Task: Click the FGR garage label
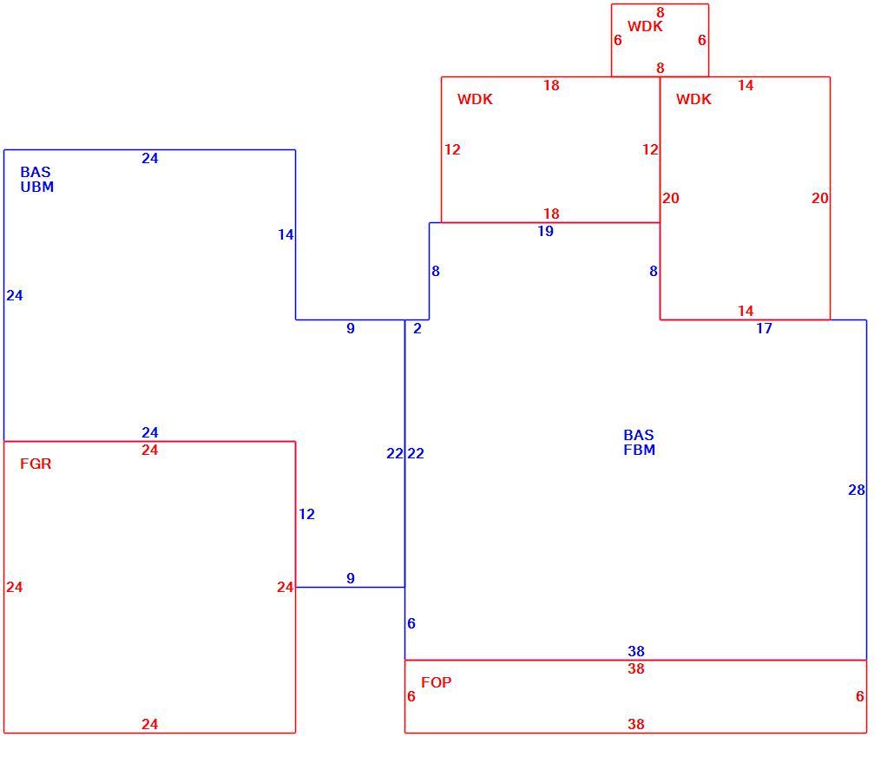pos(36,464)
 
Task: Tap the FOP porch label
pos(437,682)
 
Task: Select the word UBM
pos(37,188)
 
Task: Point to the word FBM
pos(639,450)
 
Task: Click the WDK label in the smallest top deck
pos(645,26)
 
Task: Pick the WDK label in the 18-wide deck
pos(475,99)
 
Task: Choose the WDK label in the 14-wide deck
pos(694,99)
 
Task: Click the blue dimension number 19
pos(546,231)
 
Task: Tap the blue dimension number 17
pos(764,328)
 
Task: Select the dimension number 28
pos(857,490)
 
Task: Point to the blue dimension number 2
pos(417,328)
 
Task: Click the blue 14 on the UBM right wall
pos(286,234)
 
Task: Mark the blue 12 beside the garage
pos(306,515)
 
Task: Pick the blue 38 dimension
pos(636,651)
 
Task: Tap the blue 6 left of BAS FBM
pos(411,623)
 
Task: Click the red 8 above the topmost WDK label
pos(661,12)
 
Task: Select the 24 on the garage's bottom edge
pos(150,724)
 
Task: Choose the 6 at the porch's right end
pos(860,696)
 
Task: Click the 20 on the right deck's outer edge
pos(820,198)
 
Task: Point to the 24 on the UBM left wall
pos(15,295)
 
